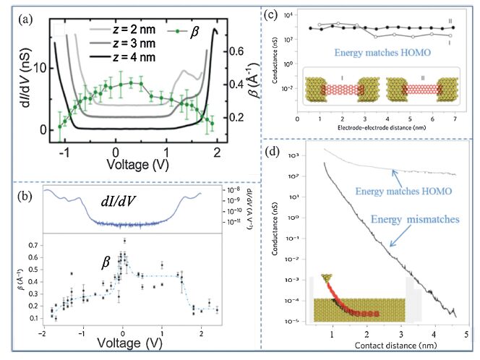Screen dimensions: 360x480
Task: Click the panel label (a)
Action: click(21, 17)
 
